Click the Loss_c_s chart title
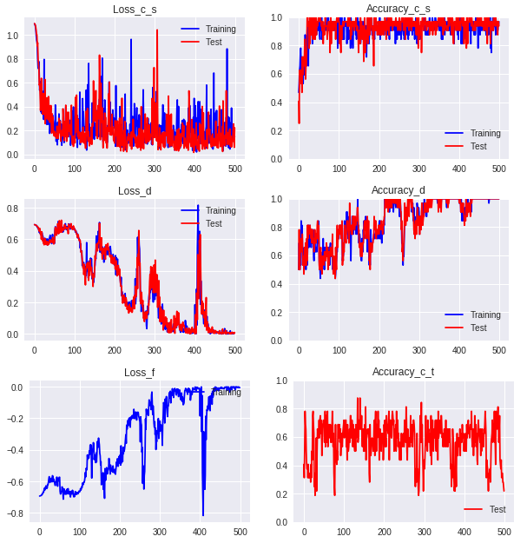click(135, 10)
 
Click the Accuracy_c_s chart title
click(398, 9)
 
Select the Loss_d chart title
click(135, 191)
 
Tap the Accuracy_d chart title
click(398, 190)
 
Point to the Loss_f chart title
click(140, 373)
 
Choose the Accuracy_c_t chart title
click(403, 372)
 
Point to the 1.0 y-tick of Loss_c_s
click(12, 36)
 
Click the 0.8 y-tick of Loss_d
click(12, 209)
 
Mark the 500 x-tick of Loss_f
click(240, 531)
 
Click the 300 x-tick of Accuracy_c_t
click(425, 531)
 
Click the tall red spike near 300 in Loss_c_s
click(157, 30)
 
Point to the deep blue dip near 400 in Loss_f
click(203, 514)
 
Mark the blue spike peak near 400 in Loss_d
click(198, 206)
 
